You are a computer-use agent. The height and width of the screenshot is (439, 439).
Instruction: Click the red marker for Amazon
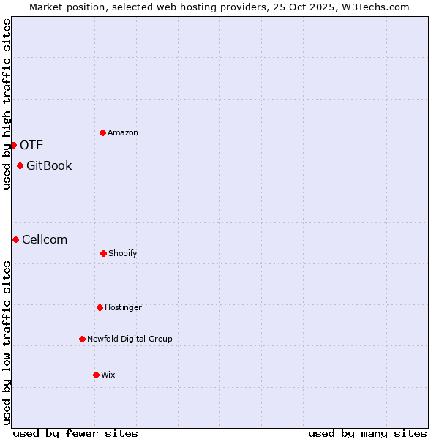pos(102,132)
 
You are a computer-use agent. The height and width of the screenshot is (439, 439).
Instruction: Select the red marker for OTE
pos(14,145)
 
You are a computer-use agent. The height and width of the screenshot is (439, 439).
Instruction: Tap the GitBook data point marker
pos(20,165)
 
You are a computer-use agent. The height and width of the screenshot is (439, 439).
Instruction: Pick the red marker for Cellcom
pos(15,239)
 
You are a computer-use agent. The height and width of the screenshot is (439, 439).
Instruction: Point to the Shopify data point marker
pos(103,253)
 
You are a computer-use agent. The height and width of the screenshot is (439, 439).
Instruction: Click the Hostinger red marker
pos(100,307)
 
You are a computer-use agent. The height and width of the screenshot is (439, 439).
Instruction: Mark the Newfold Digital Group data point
pos(82,339)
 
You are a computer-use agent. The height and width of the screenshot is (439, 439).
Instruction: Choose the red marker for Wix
pos(96,375)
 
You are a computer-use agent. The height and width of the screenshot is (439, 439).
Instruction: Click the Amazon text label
pos(123,132)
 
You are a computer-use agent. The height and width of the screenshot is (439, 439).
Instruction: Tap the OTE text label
pos(31,145)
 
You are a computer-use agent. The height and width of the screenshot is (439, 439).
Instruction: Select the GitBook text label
pos(49,165)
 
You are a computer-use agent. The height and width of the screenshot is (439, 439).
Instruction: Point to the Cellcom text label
pos(45,239)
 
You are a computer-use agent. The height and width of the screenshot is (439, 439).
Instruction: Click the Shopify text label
pos(123,253)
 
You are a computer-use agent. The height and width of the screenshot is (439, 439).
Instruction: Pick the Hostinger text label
pos(123,307)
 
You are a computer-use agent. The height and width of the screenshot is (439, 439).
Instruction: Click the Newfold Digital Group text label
pos(130,339)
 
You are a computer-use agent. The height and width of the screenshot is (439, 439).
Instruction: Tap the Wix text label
pos(108,375)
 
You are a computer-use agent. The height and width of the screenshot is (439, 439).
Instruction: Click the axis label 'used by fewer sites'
pos(75,433)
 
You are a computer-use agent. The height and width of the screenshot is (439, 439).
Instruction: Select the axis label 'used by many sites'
pos(367,433)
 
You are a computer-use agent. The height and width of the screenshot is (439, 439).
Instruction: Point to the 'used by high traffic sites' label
pos(7,104)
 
